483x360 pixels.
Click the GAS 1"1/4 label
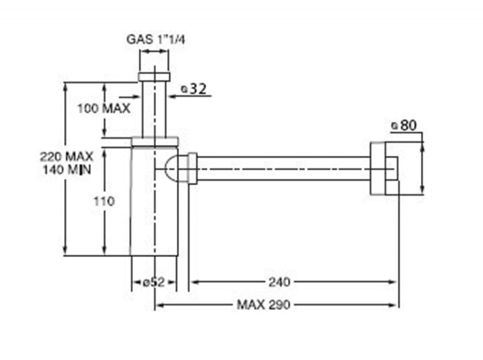pos(156,40)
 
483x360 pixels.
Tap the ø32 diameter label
pos(194,89)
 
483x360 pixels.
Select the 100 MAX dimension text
pos(104,108)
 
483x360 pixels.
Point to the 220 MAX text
pos(67,156)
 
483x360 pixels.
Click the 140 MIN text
pos(67,169)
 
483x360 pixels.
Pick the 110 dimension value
pos(104,202)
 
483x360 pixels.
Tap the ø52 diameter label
pos(154,282)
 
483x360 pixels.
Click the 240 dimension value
pos(279,282)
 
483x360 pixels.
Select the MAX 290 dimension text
pos(263,305)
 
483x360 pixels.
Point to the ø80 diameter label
pos(404,125)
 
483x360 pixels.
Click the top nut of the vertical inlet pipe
pos(155,77)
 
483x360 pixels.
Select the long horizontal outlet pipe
pos(284,168)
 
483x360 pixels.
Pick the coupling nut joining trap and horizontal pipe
pos(193,168)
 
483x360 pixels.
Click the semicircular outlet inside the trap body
pos(172,168)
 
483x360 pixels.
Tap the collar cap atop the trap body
pos(155,141)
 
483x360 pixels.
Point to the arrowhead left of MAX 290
pos(159,305)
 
